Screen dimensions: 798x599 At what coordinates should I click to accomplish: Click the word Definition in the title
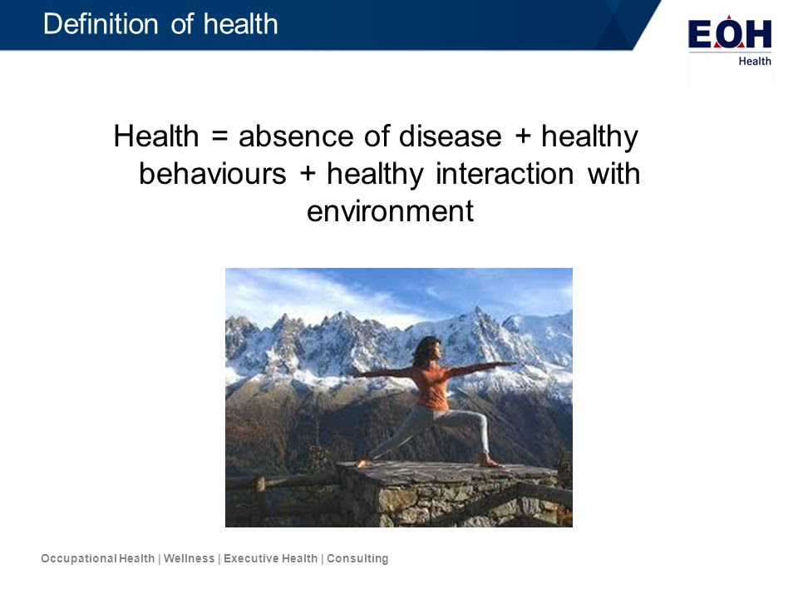click(x=101, y=24)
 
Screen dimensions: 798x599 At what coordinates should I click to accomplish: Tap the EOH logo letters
click(x=729, y=34)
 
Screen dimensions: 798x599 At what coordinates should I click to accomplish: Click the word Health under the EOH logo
click(x=755, y=61)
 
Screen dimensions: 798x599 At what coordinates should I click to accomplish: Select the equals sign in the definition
click(x=219, y=136)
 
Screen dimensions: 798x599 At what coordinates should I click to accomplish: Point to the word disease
click(x=450, y=136)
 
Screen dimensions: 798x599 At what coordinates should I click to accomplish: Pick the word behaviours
click(x=213, y=174)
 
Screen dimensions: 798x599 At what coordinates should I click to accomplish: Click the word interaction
click(x=505, y=174)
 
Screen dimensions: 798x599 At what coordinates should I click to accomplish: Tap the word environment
click(x=390, y=210)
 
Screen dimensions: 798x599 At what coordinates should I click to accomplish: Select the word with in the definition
click(x=613, y=174)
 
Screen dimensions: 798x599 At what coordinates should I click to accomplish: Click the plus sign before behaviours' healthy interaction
click(x=308, y=174)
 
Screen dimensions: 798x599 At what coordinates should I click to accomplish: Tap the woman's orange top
click(x=431, y=387)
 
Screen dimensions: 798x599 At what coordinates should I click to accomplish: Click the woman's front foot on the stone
click(x=490, y=462)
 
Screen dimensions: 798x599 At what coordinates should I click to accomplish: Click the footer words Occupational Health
click(x=98, y=559)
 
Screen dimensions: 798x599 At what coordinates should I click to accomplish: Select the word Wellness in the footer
click(x=190, y=559)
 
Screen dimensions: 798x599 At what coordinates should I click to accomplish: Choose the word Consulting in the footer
click(x=357, y=559)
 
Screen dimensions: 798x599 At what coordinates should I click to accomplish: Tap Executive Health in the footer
click(x=271, y=559)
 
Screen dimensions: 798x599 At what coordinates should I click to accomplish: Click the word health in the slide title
click(x=241, y=24)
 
